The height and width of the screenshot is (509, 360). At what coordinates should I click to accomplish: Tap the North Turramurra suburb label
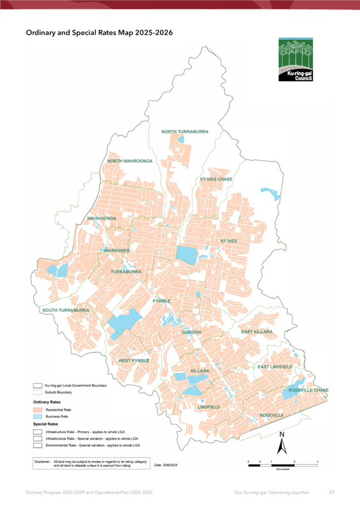tap(185, 132)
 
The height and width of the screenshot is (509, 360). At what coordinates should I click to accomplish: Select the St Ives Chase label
tap(216, 179)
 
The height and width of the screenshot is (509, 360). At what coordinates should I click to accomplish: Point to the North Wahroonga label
tap(130, 161)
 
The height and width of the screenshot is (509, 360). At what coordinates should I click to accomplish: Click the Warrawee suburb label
tap(117, 250)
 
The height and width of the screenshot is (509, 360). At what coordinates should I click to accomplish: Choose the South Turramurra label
tap(66, 310)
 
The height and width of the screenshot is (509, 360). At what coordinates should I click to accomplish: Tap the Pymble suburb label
tap(162, 301)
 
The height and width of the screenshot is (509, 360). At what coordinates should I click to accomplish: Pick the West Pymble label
tap(134, 360)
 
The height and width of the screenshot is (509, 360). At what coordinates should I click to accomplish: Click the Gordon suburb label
tap(192, 332)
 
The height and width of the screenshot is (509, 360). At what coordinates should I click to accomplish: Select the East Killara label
tap(257, 332)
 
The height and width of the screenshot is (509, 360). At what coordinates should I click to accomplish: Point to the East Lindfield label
tap(275, 367)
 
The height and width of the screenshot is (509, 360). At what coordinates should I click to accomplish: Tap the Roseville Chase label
tap(308, 390)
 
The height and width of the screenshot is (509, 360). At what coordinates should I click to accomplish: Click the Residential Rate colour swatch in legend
tap(38, 409)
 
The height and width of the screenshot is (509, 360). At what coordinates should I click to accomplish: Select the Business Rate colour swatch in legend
tap(38, 416)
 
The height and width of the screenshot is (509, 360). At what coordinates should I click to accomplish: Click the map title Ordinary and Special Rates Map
tap(99, 33)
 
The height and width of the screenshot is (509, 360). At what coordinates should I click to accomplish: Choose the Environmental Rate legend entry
tap(88, 445)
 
